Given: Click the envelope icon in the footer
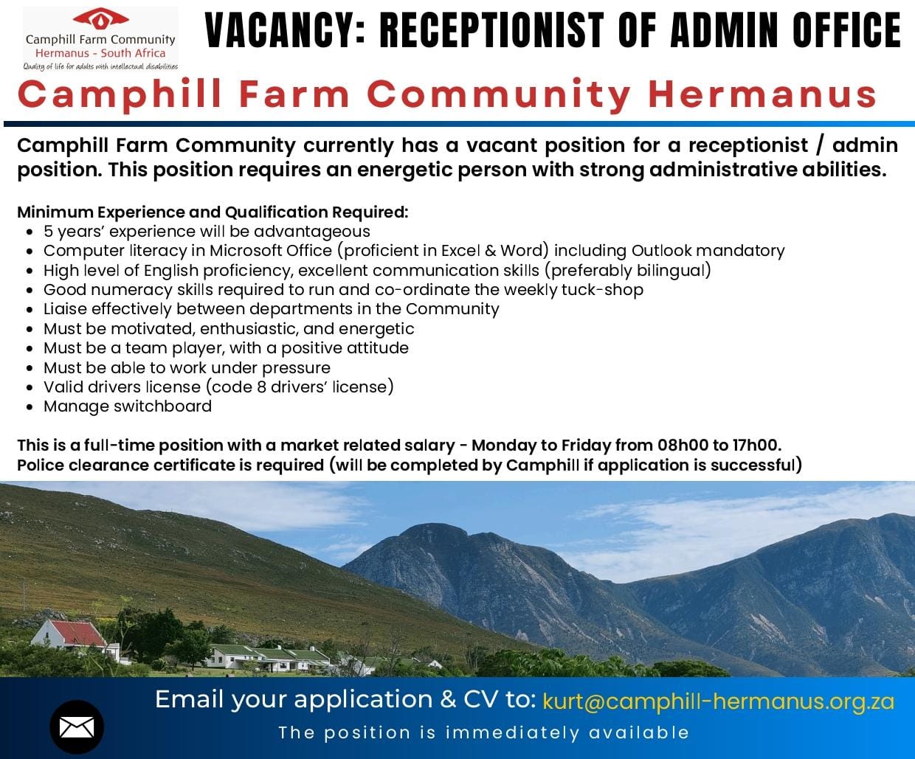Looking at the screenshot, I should click(77, 727).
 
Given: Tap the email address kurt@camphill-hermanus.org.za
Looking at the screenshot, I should click(718, 701).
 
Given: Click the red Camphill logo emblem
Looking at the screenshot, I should click(101, 18).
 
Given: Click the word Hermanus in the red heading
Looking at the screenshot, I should click(762, 94).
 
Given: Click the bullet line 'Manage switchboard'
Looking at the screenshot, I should click(127, 406).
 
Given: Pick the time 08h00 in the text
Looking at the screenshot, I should click(681, 446).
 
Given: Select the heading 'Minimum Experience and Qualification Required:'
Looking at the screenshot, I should click(213, 212).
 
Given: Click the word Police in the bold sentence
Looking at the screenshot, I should click(40, 465).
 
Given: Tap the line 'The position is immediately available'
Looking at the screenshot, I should click(483, 732).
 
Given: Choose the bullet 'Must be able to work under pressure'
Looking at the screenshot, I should click(187, 367).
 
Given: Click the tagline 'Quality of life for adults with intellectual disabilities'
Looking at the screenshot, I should click(100, 66).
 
